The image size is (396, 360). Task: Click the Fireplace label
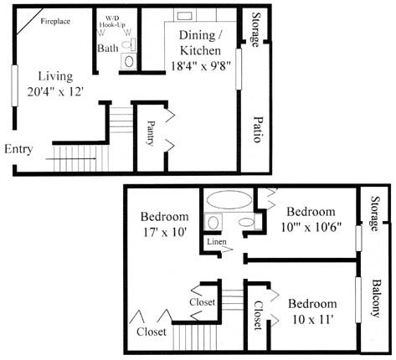(x=55, y=21)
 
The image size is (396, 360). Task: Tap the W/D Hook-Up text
(x=112, y=21)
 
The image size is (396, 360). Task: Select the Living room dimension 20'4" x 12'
(x=55, y=91)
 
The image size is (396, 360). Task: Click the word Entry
(x=18, y=149)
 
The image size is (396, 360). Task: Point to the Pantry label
(x=151, y=133)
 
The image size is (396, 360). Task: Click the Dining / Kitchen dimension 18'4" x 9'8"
(x=201, y=66)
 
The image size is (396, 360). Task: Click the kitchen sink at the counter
(x=183, y=16)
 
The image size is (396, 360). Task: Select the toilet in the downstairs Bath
(x=129, y=44)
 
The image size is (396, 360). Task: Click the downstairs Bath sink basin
(x=129, y=61)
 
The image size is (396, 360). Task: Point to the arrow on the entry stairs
(x=71, y=159)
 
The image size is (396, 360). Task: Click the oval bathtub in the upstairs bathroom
(x=229, y=199)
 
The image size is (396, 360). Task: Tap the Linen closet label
(x=217, y=242)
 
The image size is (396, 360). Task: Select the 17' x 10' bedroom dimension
(x=165, y=232)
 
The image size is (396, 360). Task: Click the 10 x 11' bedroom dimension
(x=313, y=320)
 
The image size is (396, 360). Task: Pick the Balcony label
(x=376, y=299)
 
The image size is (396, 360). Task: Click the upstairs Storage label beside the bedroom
(x=375, y=213)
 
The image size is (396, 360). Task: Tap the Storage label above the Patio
(x=256, y=29)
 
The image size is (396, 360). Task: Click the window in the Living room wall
(x=14, y=85)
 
